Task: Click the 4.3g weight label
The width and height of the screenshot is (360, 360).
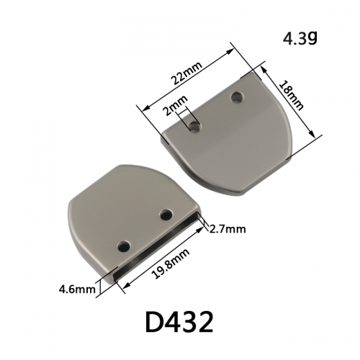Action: [x=300, y=39]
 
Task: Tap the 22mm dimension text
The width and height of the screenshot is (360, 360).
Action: [x=186, y=73]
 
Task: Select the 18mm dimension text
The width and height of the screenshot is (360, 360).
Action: [x=292, y=96]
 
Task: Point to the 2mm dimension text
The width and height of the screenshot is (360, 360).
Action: [x=175, y=105]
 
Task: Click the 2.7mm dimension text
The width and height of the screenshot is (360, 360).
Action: [x=228, y=230]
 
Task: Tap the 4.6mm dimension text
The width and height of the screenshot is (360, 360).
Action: [x=77, y=289]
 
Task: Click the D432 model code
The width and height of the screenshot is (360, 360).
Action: [x=179, y=323]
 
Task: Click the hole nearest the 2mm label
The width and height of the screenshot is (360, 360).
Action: [x=194, y=127]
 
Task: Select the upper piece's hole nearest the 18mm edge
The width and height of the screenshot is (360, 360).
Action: [x=238, y=97]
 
